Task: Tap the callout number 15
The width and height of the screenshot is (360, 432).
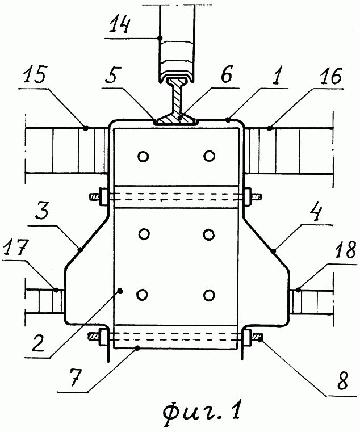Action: coord(35,74)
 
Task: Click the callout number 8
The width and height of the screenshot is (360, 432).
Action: coord(342,380)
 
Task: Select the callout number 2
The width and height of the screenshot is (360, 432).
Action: coord(38,342)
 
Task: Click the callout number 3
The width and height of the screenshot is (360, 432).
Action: coord(42,211)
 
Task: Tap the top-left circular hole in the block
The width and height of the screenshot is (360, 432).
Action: coord(143,157)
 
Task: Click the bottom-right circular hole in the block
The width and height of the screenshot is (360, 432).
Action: coord(209,295)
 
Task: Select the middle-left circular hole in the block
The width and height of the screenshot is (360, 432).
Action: coord(144,234)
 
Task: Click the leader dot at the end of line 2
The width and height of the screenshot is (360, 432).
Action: coord(120,291)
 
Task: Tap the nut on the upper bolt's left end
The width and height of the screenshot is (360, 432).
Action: coord(104,197)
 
